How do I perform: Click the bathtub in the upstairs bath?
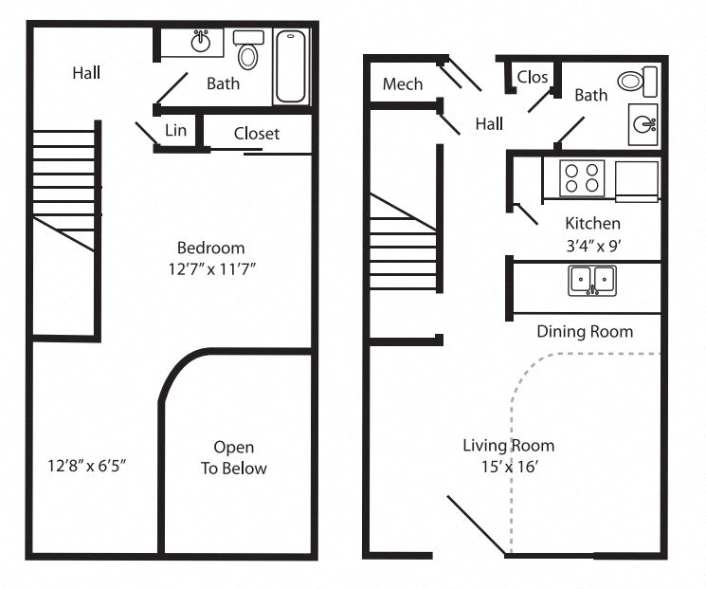pyautogui.click(x=292, y=66)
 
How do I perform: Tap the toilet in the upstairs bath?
pyautogui.click(x=248, y=51)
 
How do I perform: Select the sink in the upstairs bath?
pyautogui.click(x=201, y=42)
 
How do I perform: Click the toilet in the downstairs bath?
pyautogui.click(x=637, y=81)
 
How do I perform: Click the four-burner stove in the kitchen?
pyautogui.click(x=582, y=177)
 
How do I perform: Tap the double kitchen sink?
pyautogui.click(x=592, y=281)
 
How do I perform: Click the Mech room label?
pyautogui.click(x=403, y=84)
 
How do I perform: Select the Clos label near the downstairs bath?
pyautogui.click(x=533, y=77)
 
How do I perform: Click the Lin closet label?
pyautogui.click(x=175, y=130)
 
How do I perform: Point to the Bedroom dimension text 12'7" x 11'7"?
pyautogui.click(x=210, y=269)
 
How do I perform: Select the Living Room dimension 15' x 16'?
pyautogui.click(x=509, y=467)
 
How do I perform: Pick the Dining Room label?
pyautogui.click(x=585, y=331)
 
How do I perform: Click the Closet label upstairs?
pyautogui.click(x=257, y=134)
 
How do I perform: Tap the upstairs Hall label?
pyautogui.click(x=86, y=72)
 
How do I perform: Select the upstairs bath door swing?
pyautogui.click(x=172, y=89)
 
